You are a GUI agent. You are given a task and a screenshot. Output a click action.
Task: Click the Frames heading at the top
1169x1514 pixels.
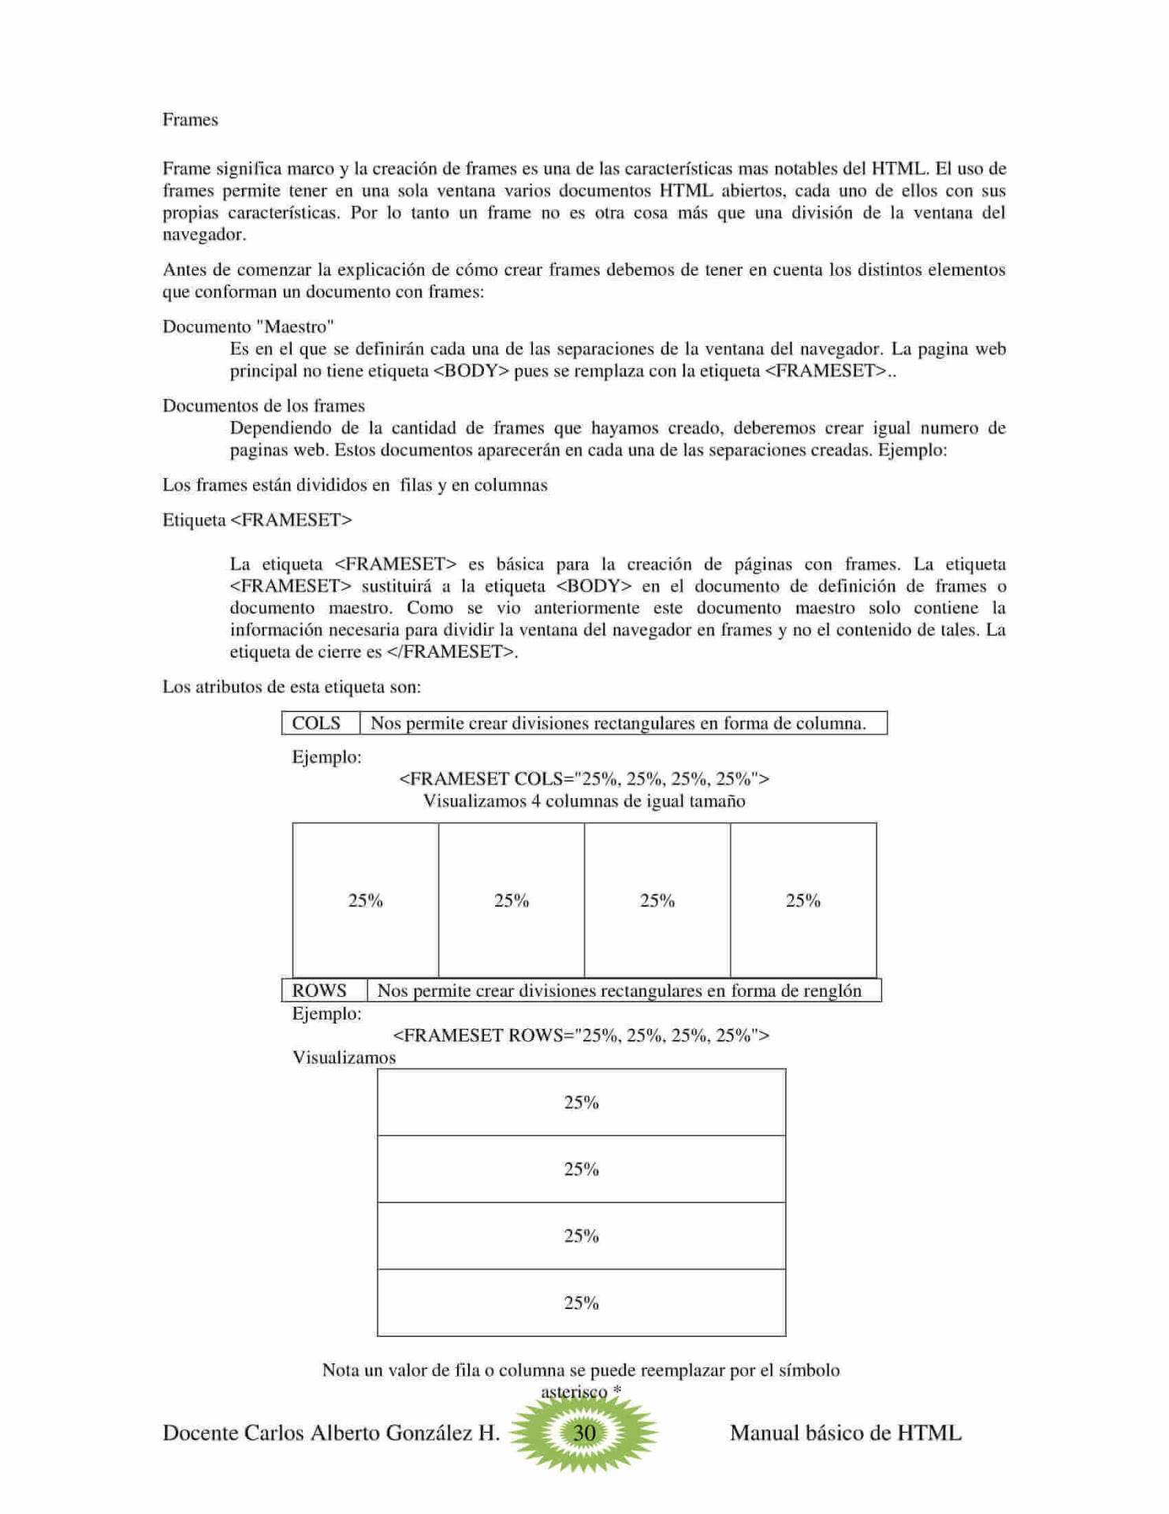pyautogui.click(x=190, y=120)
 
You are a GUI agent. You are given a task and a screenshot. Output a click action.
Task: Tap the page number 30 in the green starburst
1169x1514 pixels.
pyautogui.click(x=584, y=1433)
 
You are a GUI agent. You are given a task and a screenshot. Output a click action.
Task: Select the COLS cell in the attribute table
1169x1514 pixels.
pyautogui.click(x=316, y=723)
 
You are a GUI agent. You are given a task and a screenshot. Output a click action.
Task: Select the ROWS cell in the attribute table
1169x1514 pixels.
pyautogui.click(x=319, y=990)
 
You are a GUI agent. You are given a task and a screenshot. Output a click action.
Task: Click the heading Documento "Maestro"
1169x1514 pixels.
pyautogui.click(x=248, y=326)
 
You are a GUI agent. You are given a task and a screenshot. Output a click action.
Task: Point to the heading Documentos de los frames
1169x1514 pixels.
pyautogui.click(x=263, y=406)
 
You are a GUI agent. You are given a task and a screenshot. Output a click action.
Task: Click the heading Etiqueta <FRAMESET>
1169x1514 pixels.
pyautogui.click(x=257, y=520)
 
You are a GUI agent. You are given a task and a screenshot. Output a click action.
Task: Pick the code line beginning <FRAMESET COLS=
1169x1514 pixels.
pyautogui.click(x=584, y=779)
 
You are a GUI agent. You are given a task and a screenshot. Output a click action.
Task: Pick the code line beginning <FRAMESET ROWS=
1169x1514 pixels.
pyautogui.click(x=581, y=1035)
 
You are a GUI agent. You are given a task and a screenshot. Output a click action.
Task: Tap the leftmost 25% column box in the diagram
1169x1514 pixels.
pyautogui.click(x=366, y=901)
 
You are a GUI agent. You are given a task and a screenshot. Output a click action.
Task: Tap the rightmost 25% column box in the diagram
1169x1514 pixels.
pyautogui.click(x=803, y=901)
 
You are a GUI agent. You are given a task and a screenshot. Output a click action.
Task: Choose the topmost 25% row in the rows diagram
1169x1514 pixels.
pyautogui.click(x=582, y=1102)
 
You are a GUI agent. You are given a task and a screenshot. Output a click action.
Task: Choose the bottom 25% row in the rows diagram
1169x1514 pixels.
pyautogui.click(x=582, y=1303)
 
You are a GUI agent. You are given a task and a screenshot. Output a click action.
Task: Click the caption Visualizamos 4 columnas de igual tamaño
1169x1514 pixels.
pyautogui.click(x=584, y=801)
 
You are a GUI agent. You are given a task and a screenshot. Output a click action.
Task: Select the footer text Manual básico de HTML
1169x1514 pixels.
pyautogui.click(x=846, y=1433)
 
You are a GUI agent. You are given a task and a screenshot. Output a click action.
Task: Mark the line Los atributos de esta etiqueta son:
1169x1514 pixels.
pyautogui.click(x=292, y=687)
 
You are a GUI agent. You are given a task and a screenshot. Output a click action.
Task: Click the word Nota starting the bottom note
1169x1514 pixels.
pyautogui.click(x=341, y=1370)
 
